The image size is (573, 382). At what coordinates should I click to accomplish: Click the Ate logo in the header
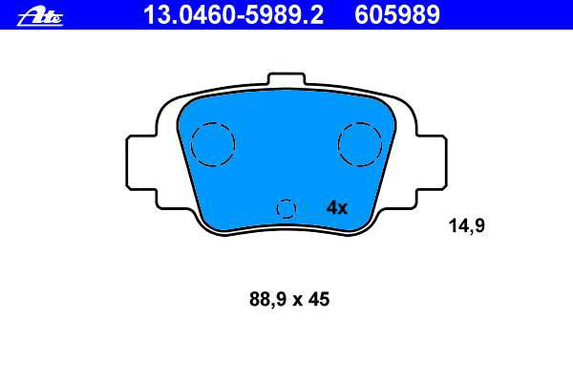pos(40,17)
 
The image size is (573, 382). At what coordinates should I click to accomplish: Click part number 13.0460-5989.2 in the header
pos(234,15)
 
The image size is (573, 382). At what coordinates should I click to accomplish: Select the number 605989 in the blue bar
pos(397,15)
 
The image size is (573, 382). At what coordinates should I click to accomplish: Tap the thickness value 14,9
pos(467,225)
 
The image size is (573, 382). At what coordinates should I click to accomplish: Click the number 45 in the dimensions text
pos(319,299)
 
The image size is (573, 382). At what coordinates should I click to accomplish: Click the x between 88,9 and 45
pos(297,301)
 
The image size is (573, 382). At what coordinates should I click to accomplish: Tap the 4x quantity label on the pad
pos(337,207)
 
